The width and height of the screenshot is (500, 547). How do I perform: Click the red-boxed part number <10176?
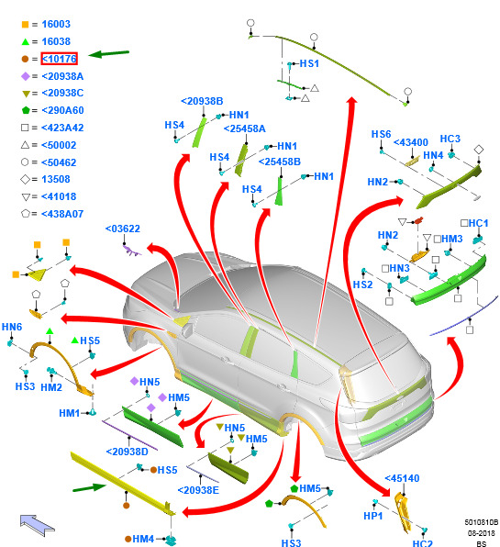tap(59, 59)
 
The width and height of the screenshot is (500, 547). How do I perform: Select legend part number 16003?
tap(56, 24)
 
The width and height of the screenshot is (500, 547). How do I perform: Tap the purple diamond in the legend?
tap(26, 76)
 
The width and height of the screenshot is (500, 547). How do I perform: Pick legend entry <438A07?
tap(62, 214)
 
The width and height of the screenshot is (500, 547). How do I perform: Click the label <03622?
tap(123, 229)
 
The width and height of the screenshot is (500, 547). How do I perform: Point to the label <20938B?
tap(202, 101)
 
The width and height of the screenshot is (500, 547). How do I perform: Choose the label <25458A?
tap(244, 128)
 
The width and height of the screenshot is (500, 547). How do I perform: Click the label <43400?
tap(411, 142)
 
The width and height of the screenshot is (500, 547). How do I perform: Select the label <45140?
tap(402, 478)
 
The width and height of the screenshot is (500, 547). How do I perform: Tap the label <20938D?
tap(128, 452)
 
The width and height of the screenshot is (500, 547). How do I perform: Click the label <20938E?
tap(198, 490)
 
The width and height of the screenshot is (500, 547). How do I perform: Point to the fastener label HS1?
tap(309, 63)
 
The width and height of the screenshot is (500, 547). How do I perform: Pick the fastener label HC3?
tap(450, 139)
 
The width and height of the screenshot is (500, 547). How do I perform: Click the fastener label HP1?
tap(373, 516)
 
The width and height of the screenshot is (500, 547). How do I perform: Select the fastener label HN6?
tap(12, 327)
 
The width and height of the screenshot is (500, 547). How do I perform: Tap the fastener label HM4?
tap(143, 539)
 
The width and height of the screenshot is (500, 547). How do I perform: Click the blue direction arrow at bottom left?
tap(37, 525)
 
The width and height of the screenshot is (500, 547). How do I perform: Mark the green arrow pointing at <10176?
tap(109, 54)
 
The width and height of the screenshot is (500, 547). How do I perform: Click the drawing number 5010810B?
tap(481, 522)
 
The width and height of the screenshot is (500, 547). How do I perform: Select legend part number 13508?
tap(56, 179)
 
